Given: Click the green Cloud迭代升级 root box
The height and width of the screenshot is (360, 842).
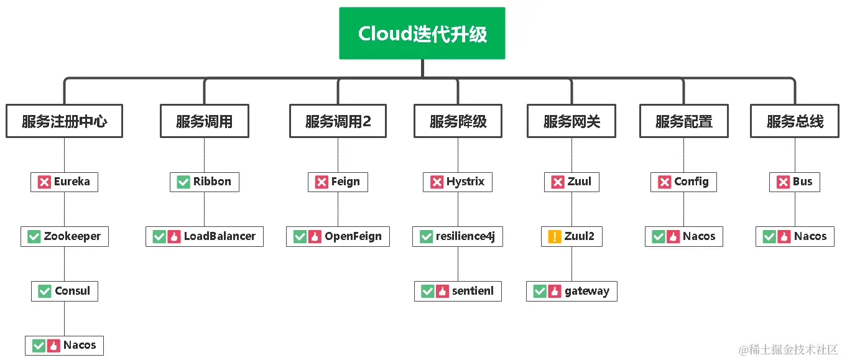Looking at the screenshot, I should [422, 34].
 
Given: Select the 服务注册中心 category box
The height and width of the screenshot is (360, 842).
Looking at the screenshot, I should [64, 121].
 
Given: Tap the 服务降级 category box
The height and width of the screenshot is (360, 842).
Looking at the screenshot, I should [458, 121].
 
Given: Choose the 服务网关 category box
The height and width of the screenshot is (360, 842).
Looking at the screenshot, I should [571, 121].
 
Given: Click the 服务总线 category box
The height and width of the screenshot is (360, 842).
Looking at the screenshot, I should [795, 121].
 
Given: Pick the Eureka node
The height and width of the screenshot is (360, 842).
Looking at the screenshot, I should [64, 182].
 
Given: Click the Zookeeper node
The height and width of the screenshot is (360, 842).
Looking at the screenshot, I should [64, 236].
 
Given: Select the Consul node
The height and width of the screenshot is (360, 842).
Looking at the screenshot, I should [64, 291].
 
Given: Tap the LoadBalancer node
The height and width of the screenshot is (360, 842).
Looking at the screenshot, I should [204, 236].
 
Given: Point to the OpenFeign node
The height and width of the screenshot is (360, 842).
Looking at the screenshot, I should [338, 236].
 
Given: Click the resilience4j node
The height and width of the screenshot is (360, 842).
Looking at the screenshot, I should [458, 236].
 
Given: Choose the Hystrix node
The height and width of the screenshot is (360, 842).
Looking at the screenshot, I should [458, 182].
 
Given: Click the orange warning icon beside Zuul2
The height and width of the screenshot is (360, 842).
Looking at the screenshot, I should [555, 237].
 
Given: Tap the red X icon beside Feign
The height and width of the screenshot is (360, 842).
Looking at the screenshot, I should [322, 182].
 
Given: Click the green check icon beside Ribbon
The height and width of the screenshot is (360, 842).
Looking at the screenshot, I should [183, 182].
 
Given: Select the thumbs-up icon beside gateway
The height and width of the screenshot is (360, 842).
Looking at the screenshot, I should [555, 292].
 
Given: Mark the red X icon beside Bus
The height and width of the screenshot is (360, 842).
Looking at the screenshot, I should [784, 182].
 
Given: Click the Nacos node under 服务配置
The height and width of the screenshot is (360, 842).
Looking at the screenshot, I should [683, 236].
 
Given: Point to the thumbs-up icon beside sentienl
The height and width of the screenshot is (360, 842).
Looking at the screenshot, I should [442, 292].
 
